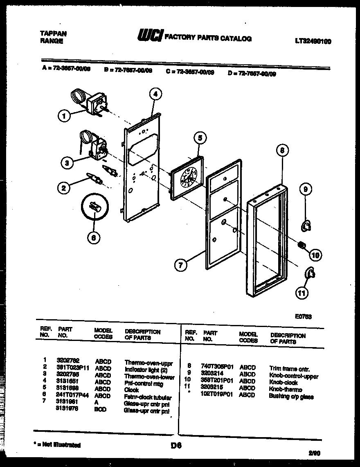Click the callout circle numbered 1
pos(63,116)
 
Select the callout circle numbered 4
pos(155,94)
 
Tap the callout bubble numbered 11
pos(301,293)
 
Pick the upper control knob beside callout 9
pos(305,225)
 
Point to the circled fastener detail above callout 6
pos(94,206)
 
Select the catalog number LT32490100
pos(313,41)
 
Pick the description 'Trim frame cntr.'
pos(289,368)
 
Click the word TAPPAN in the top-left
pos(53,34)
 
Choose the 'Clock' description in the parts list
pos(131,390)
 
